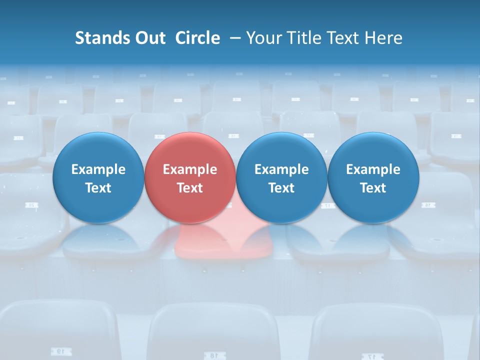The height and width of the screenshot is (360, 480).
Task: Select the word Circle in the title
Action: [197, 38]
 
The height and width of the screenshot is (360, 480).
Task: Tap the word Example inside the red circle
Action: [190, 169]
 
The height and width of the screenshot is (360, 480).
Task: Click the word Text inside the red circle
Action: [190, 188]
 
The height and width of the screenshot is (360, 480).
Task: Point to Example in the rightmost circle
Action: [373, 169]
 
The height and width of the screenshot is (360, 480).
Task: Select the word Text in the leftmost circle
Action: [98, 188]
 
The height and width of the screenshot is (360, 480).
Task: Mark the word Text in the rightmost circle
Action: [373, 188]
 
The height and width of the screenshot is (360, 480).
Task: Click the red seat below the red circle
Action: [220, 240]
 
